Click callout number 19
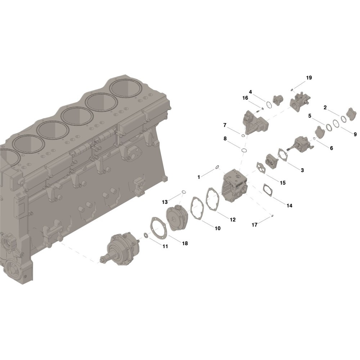[x=309, y=78]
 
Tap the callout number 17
[x=255, y=225]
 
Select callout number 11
[x=165, y=246]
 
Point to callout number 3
[x=302, y=170]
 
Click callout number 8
[x=225, y=139]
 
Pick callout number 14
[x=289, y=206]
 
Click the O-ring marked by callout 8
[x=244, y=150]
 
